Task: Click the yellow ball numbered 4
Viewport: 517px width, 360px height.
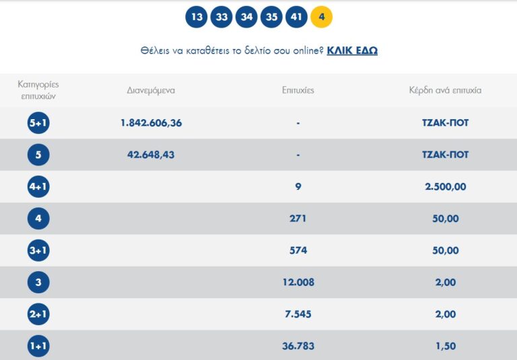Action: click(x=321, y=17)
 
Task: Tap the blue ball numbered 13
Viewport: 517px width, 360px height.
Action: click(x=197, y=17)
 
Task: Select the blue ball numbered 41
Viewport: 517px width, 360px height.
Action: click(x=296, y=17)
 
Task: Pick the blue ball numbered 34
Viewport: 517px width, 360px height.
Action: click(x=246, y=17)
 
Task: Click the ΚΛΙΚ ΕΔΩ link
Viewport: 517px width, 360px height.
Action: click(x=352, y=50)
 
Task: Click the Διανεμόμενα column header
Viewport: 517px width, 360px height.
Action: click(x=151, y=90)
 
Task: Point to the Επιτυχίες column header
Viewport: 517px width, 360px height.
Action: click(x=298, y=90)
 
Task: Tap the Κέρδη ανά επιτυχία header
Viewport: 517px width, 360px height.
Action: click(x=445, y=90)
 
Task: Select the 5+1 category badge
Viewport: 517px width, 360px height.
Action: click(x=38, y=123)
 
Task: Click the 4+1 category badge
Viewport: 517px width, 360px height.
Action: click(x=38, y=187)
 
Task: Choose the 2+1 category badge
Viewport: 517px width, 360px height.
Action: click(x=38, y=314)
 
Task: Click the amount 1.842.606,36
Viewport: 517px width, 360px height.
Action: click(x=151, y=123)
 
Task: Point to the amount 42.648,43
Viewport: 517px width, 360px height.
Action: click(x=151, y=155)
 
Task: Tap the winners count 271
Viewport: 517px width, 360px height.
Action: click(x=298, y=219)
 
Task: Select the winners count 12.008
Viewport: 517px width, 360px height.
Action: click(x=298, y=283)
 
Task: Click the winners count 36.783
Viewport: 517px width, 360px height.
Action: click(x=298, y=347)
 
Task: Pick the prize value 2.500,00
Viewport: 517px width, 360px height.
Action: click(x=445, y=187)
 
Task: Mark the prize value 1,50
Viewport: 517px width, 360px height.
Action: click(x=445, y=347)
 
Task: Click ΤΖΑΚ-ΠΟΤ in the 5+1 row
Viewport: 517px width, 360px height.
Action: click(x=445, y=123)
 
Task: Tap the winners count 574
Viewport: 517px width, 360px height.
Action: click(x=298, y=250)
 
